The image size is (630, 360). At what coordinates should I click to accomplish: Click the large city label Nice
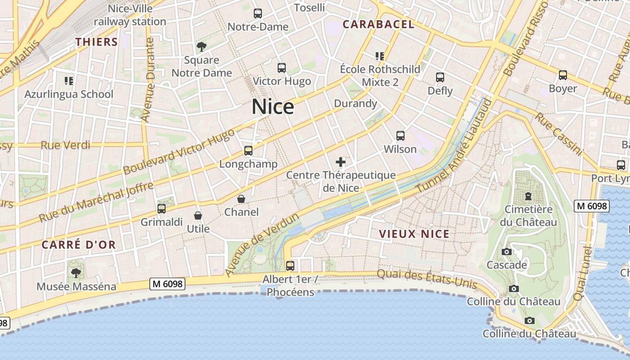273,107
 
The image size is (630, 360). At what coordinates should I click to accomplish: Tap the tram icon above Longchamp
248,151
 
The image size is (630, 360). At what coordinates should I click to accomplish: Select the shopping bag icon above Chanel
241,199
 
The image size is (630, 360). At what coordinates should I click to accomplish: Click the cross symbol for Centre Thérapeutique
341,162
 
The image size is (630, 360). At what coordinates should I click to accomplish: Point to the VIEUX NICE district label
414,234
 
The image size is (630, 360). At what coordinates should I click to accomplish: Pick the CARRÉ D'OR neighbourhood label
79,245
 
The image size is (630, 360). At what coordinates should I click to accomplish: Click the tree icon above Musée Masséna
76,273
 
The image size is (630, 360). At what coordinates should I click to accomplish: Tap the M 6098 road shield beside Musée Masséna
167,284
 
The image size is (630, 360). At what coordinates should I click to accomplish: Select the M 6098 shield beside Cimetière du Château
592,206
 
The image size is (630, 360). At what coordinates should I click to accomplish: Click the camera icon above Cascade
507,252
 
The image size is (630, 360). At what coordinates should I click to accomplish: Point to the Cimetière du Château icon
528,196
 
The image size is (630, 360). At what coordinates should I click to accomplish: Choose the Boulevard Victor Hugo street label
179,152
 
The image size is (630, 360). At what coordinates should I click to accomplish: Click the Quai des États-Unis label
426,279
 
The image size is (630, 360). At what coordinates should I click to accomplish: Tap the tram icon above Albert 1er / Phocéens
290,266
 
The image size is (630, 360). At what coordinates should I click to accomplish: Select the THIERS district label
97,42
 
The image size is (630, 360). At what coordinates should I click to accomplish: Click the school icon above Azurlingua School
68,81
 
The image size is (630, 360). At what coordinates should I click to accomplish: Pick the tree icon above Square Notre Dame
202,46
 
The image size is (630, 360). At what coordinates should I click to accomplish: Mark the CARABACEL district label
378,25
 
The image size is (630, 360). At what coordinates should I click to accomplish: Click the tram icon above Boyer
562,75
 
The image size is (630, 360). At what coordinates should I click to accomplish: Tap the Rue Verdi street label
65,145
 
